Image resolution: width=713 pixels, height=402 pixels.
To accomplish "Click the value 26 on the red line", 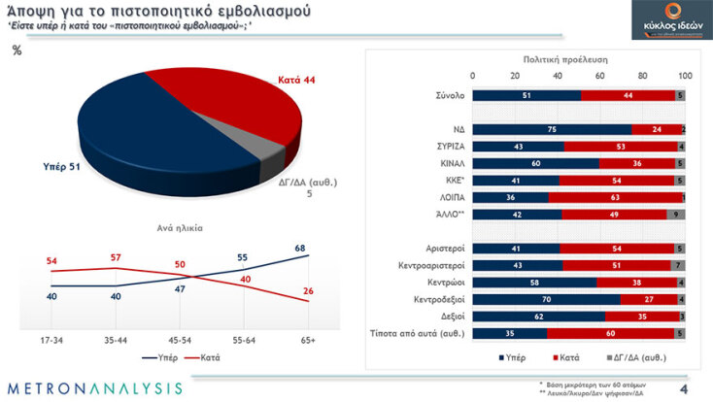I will coord(309,290).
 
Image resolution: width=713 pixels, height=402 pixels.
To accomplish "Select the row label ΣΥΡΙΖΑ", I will coord(448,146).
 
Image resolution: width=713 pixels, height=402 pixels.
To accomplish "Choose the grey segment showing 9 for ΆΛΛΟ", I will coord(675,214).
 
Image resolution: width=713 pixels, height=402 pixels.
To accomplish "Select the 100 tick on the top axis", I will coord(685,76).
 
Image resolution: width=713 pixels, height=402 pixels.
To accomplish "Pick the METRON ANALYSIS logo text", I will coord(94,388).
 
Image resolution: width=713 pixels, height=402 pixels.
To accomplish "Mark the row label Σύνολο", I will coord(450,95).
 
